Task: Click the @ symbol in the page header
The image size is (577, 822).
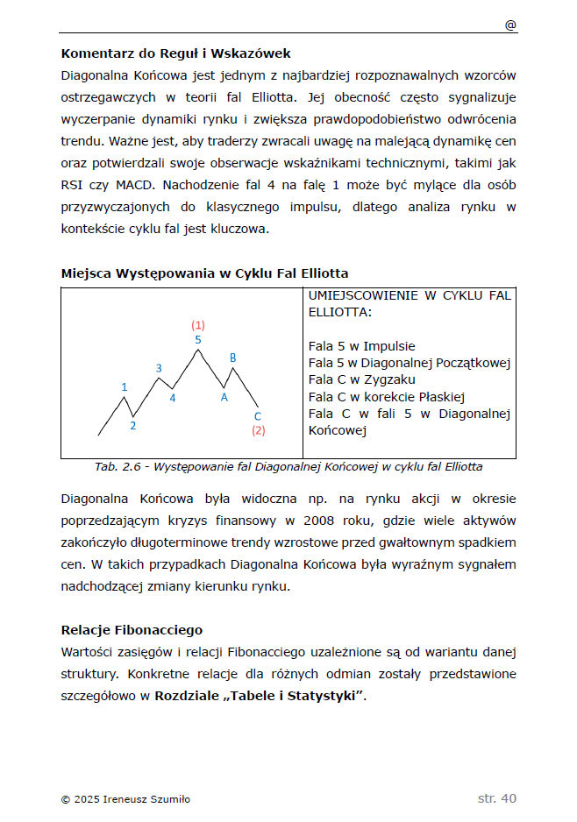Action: coord(510,25)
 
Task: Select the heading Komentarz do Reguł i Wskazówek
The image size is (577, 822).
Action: coord(175,54)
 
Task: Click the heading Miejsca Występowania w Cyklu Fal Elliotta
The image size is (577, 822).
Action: coord(204,273)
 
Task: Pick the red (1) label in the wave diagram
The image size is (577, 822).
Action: coord(198,325)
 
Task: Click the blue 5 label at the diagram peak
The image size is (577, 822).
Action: coord(198,339)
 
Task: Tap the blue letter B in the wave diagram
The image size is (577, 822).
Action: coord(232,358)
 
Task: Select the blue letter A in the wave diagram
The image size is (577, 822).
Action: coord(224,397)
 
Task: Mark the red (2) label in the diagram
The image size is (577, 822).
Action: coord(258,430)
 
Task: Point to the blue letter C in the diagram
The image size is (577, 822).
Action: coord(257,416)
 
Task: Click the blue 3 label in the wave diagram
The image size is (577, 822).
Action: coord(159,368)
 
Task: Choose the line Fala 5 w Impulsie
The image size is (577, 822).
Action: coord(361,346)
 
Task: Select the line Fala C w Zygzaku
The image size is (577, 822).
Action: coord(361,379)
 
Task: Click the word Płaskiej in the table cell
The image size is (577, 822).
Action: coord(439,396)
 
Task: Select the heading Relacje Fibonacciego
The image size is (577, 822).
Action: coord(132,630)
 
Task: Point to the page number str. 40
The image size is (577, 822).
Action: coord(497,798)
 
